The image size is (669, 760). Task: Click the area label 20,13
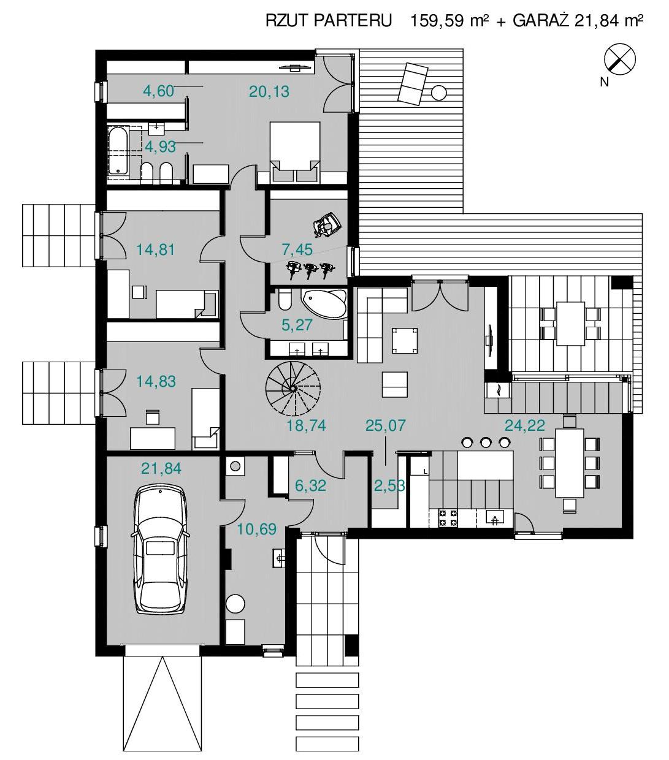click(269, 91)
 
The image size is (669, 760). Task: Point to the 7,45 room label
click(297, 249)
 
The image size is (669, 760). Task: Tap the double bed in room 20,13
click(295, 152)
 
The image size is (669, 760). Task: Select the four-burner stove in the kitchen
click(448, 518)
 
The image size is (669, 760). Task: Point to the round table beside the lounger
click(439, 92)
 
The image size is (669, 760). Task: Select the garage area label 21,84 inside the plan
click(161, 468)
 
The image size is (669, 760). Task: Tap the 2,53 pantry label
click(389, 486)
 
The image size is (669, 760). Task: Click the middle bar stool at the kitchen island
click(486, 443)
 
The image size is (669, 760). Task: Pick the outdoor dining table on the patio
click(570, 324)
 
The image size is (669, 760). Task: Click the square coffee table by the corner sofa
click(404, 340)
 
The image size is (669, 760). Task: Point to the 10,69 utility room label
click(257, 530)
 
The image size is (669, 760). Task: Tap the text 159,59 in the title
click(437, 21)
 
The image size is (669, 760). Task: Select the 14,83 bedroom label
click(156, 381)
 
